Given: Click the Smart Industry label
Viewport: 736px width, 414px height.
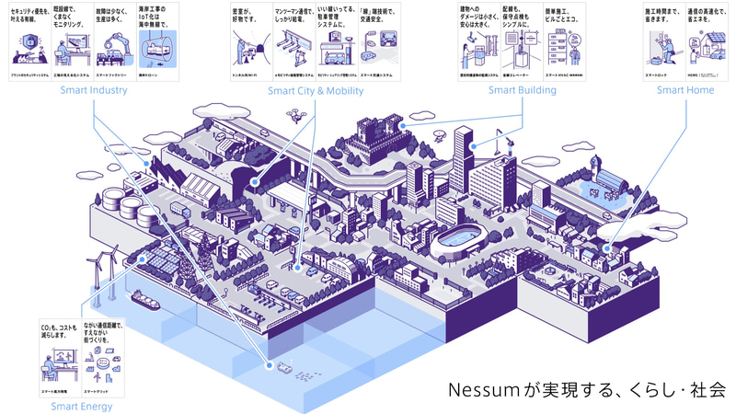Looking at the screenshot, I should click(x=94, y=90).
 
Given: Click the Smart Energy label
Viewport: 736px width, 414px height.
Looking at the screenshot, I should click(x=82, y=406).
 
